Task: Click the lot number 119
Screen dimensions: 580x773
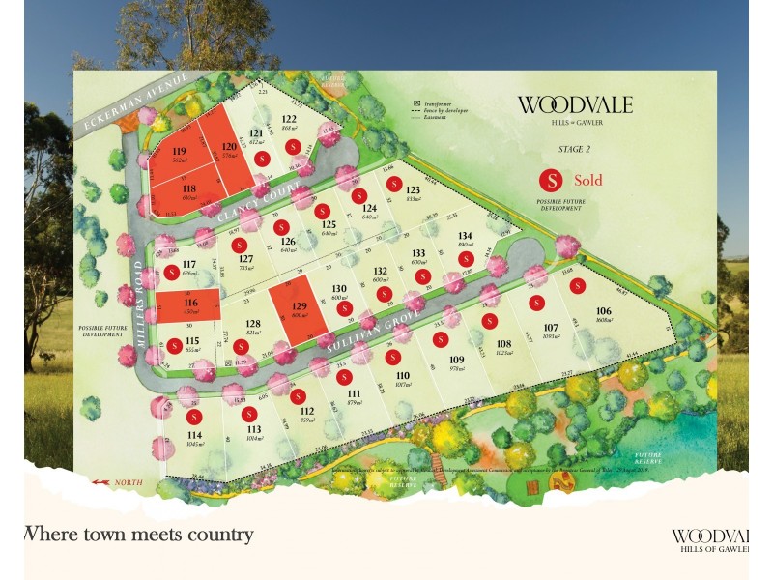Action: point(179,152)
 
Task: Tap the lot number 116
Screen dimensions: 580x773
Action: point(190,303)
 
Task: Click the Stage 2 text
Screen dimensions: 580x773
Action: point(574,150)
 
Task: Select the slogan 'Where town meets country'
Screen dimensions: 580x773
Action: point(137,534)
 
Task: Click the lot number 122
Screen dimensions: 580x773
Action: point(289,119)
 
